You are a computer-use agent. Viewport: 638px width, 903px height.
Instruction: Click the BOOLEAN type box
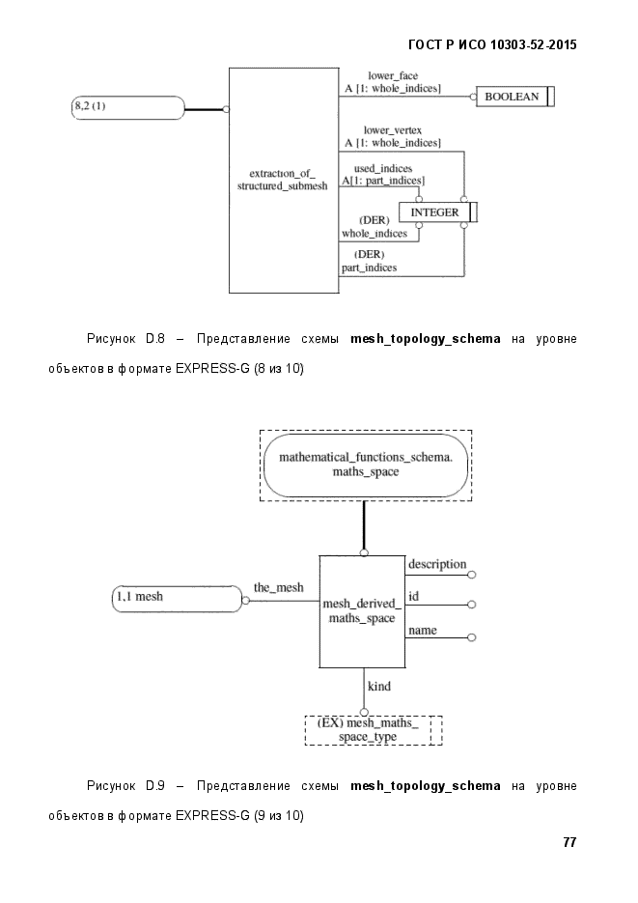coord(514,97)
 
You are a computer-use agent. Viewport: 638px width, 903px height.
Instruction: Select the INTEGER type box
coord(438,212)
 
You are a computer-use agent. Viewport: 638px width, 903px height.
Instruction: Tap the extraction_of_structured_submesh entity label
coord(282,180)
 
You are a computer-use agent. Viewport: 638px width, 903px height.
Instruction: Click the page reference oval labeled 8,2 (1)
coord(127,108)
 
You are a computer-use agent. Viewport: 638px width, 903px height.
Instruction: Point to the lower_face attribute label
coord(393,75)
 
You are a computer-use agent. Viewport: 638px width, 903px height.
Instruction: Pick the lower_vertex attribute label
coord(392,130)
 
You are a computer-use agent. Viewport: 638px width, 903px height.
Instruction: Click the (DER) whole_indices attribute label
coord(374,227)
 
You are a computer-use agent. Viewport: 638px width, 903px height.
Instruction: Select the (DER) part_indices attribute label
coord(370,261)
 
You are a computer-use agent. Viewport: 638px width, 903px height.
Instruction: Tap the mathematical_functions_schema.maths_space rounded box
coord(366,465)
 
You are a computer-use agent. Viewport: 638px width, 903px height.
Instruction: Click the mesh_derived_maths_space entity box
coord(363,611)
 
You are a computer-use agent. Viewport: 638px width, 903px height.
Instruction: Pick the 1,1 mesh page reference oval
coord(178,599)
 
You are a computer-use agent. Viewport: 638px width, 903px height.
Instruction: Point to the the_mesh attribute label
coord(278,587)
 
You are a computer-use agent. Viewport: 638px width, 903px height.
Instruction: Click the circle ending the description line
coord(472,575)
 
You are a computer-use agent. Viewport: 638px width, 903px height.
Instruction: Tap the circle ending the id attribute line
coord(472,605)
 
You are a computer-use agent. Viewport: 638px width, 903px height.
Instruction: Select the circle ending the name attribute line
coord(472,637)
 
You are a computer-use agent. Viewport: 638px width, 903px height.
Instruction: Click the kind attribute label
coord(379,686)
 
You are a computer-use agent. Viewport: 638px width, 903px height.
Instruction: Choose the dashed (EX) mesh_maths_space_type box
coord(374,730)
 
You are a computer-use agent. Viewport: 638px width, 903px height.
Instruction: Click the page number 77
coord(569,842)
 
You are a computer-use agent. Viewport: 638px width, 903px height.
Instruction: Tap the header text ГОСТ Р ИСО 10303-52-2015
coord(492,45)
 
